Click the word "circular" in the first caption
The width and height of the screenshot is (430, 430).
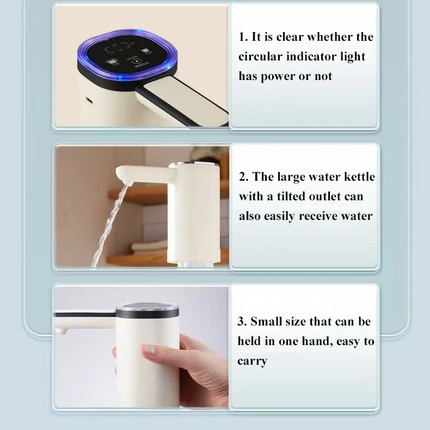tap(260, 57)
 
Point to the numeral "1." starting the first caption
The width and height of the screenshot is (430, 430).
tap(243, 37)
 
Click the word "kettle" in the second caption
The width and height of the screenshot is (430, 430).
tap(357, 177)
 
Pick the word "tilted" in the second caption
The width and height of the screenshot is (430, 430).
tap(298, 196)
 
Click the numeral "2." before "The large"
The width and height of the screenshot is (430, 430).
tap(244, 177)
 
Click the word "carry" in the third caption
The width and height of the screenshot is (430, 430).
tap(252, 361)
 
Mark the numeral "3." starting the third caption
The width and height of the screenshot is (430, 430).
tap(243, 322)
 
